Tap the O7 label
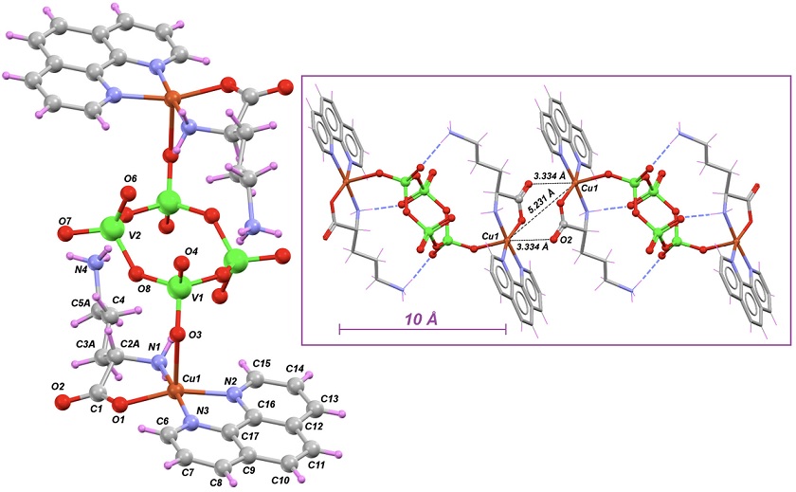coord(65,221)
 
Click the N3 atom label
coord(202,410)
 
